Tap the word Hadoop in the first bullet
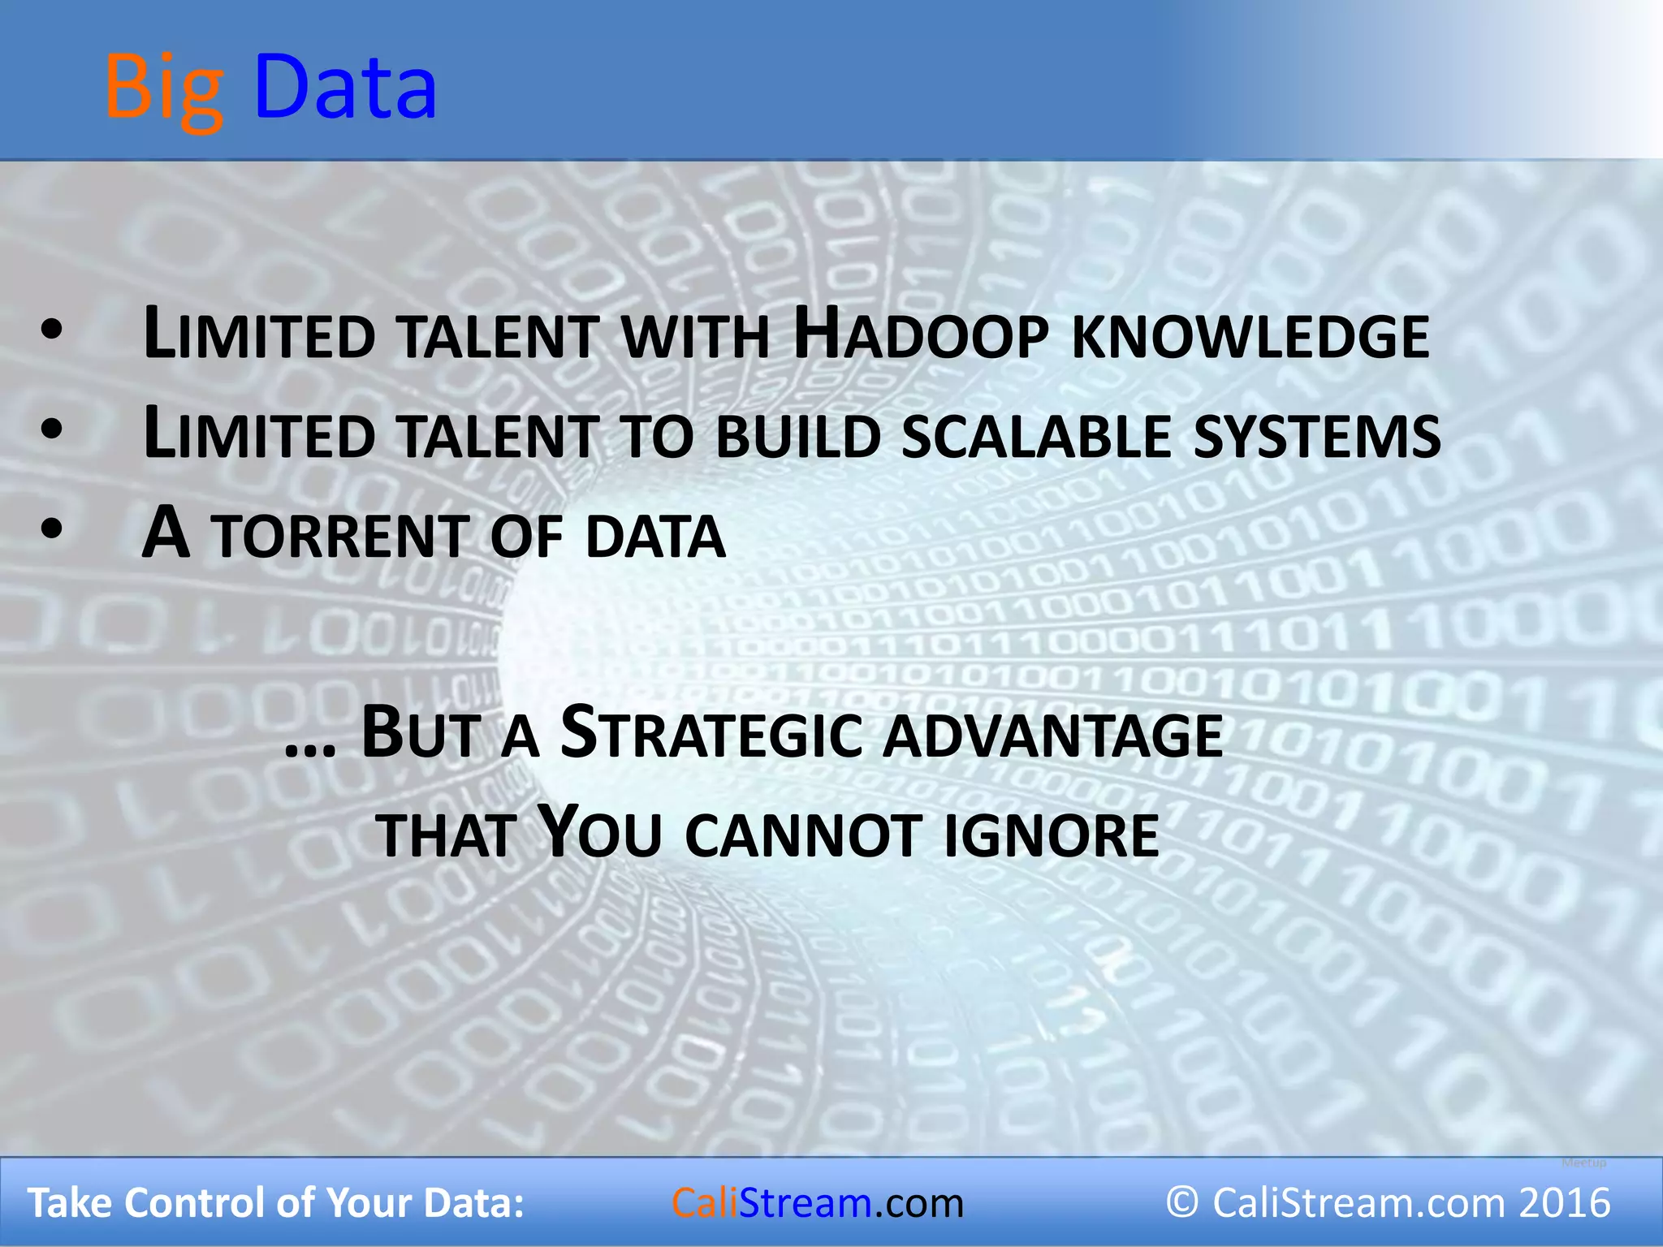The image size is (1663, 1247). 920,334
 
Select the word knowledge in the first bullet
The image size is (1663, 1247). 1250,336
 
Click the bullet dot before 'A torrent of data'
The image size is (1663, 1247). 51,529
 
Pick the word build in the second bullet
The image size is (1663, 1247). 798,436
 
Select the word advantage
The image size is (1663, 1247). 1053,736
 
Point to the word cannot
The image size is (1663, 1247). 802,835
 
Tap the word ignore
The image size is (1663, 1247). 1052,835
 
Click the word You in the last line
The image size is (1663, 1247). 600,832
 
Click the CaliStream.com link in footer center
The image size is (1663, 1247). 817,1202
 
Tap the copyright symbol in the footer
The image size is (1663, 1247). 1182,1202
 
